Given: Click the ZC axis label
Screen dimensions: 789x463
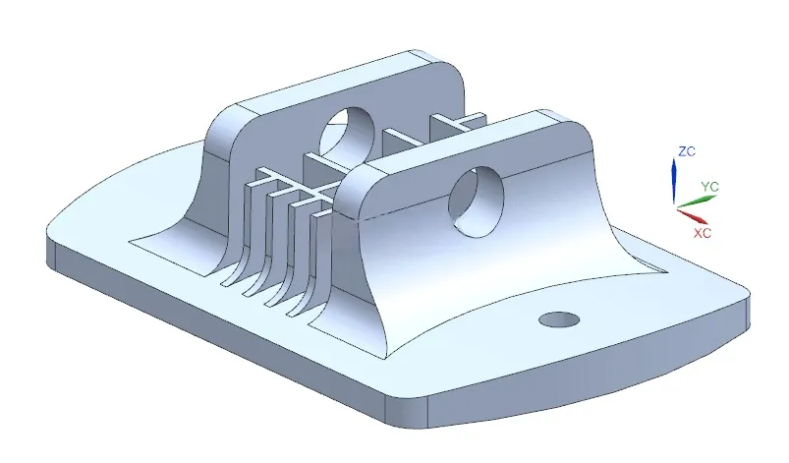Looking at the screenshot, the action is pyautogui.click(x=687, y=151).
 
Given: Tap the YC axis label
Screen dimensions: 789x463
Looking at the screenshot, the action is pyautogui.click(x=710, y=187).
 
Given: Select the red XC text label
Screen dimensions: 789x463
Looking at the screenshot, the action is pyautogui.click(x=703, y=233).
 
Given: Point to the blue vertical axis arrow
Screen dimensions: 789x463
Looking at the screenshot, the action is pyautogui.click(x=674, y=180).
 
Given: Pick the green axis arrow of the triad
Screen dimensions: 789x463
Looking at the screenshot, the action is pyautogui.click(x=696, y=201).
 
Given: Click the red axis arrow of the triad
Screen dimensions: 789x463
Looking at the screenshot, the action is pyautogui.click(x=692, y=215).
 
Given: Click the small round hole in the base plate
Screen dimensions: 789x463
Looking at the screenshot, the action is pyautogui.click(x=558, y=319).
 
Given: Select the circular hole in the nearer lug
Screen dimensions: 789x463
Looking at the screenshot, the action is pyautogui.click(x=476, y=202).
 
